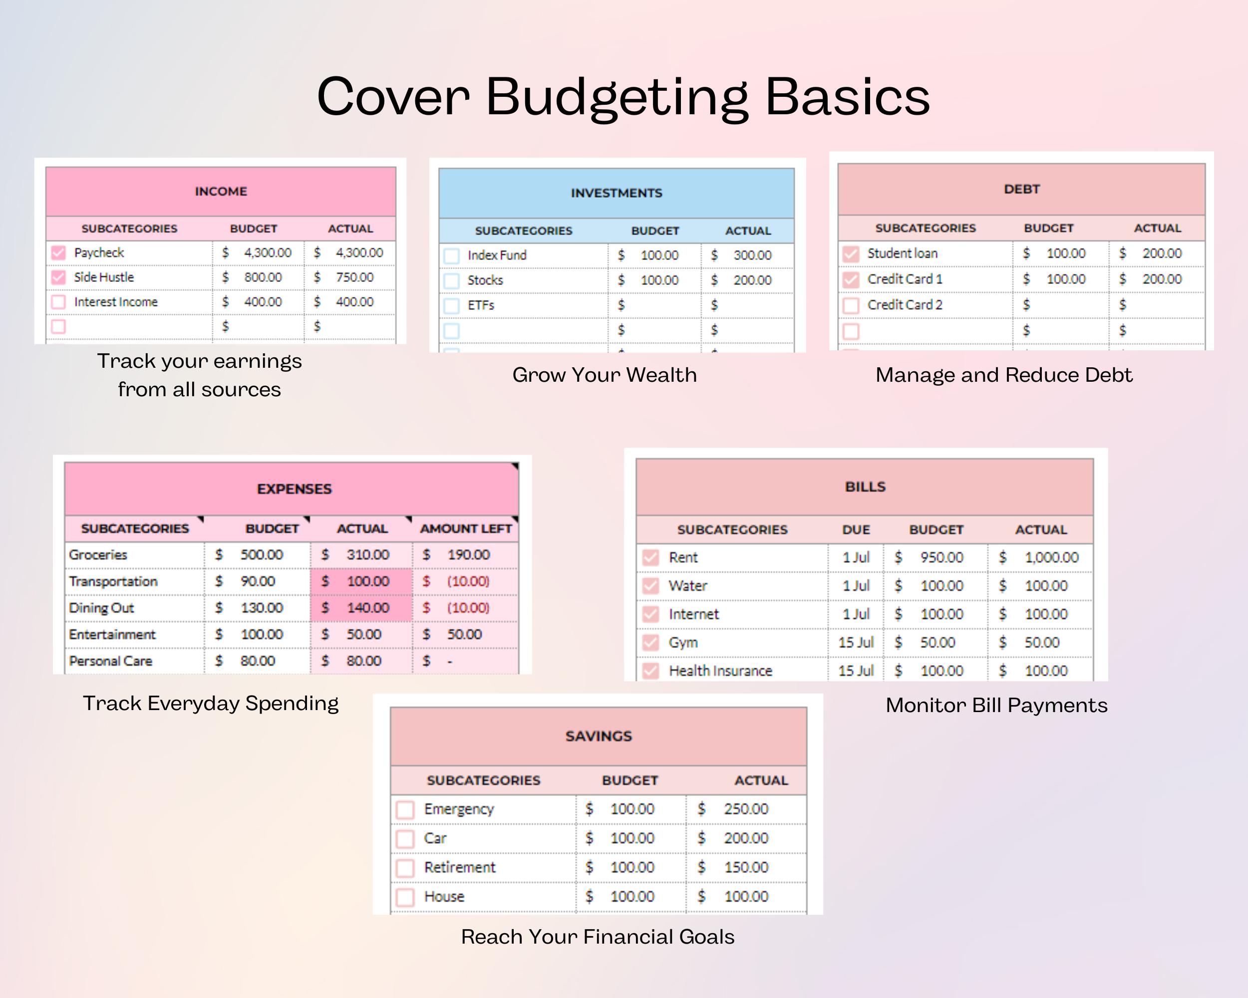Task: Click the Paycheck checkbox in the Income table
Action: (x=58, y=253)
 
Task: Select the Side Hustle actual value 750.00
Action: (x=354, y=277)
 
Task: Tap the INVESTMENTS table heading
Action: (x=616, y=193)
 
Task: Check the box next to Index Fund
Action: (x=451, y=255)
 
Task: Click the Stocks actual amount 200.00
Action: (x=752, y=280)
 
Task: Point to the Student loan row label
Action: (x=902, y=253)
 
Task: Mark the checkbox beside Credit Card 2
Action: (x=850, y=305)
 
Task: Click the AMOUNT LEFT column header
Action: (x=465, y=529)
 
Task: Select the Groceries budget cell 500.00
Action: (x=262, y=555)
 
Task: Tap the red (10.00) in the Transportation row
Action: (x=468, y=581)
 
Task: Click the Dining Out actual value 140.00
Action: (x=367, y=608)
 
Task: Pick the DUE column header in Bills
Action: (x=856, y=530)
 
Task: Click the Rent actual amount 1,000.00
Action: (x=1051, y=558)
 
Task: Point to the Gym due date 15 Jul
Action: (x=856, y=643)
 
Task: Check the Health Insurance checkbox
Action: (x=650, y=671)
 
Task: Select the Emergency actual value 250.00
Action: (x=746, y=809)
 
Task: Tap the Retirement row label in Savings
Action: (x=460, y=867)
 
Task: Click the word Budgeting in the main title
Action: (x=617, y=97)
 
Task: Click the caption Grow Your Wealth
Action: (x=605, y=375)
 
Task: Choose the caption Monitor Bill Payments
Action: (x=996, y=705)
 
